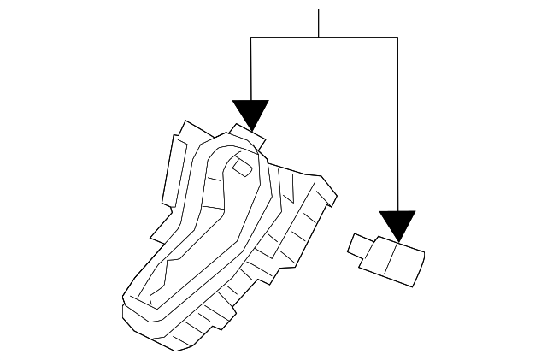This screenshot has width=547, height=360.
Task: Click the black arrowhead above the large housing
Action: pyautogui.click(x=250, y=112)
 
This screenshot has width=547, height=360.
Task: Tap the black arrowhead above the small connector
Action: pyautogui.click(x=398, y=223)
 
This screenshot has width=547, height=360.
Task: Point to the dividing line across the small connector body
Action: pyautogui.click(x=390, y=257)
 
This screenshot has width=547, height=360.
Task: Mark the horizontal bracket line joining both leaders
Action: pyautogui.click(x=325, y=38)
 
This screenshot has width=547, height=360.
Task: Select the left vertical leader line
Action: pyautogui.click(x=250, y=68)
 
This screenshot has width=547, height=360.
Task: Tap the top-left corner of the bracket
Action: pyautogui.click(x=250, y=38)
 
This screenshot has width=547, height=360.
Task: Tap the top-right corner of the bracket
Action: pyautogui.click(x=398, y=38)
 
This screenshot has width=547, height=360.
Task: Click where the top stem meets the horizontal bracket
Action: pyautogui.click(x=319, y=38)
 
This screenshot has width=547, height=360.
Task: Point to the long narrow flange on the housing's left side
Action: pyautogui.click(x=176, y=172)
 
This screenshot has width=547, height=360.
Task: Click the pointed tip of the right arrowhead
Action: pyautogui.click(x=398, y=239)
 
